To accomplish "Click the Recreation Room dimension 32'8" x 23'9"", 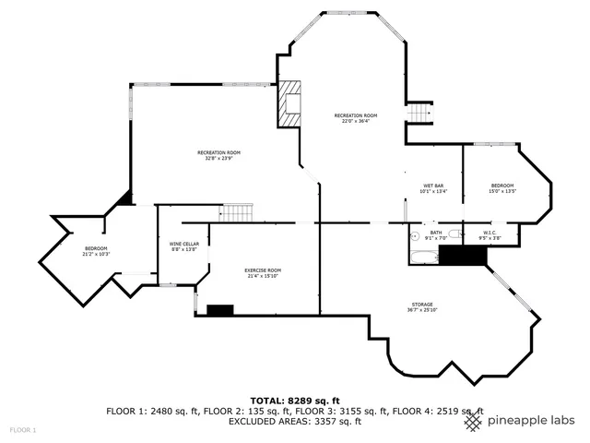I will click(x=218, y=158).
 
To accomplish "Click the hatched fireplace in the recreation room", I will click(x=291, y=103).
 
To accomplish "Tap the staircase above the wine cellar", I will click(x=236, y=212).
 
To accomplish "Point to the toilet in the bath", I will click(x=414, y=234).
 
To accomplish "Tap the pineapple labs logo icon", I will click(x=472, y=422).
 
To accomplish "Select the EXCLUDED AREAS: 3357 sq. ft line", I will click(x=295, y=422).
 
